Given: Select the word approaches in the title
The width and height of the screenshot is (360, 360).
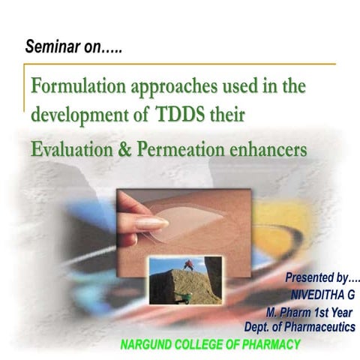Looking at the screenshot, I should point(177,88).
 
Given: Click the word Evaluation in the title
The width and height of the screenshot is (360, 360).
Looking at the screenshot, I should point(73,149).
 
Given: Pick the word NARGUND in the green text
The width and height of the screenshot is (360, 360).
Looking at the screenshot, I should point(148,345).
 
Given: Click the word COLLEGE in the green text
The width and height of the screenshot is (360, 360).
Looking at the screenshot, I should point(205,345).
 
